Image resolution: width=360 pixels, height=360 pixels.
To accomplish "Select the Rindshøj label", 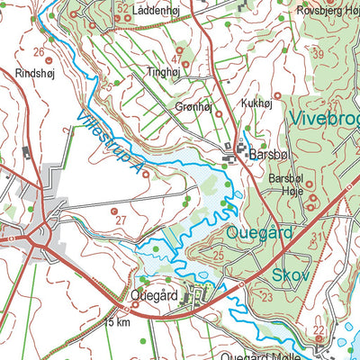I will click(35, 74).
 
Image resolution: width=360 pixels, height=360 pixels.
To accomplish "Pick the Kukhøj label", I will click(256, 103).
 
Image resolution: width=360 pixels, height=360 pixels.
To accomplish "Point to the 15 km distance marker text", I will click(117, 321).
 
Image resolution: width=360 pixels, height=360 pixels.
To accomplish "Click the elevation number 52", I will click(122, 8).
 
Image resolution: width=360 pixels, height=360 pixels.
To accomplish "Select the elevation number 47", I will click(176, 60).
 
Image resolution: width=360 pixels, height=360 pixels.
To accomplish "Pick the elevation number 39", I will click(317, 55).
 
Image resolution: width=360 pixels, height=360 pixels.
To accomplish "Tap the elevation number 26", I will click(39, 52).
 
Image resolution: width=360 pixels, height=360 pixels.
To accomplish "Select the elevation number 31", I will click(316, 236).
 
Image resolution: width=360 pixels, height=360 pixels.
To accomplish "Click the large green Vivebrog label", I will click(324, 118).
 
